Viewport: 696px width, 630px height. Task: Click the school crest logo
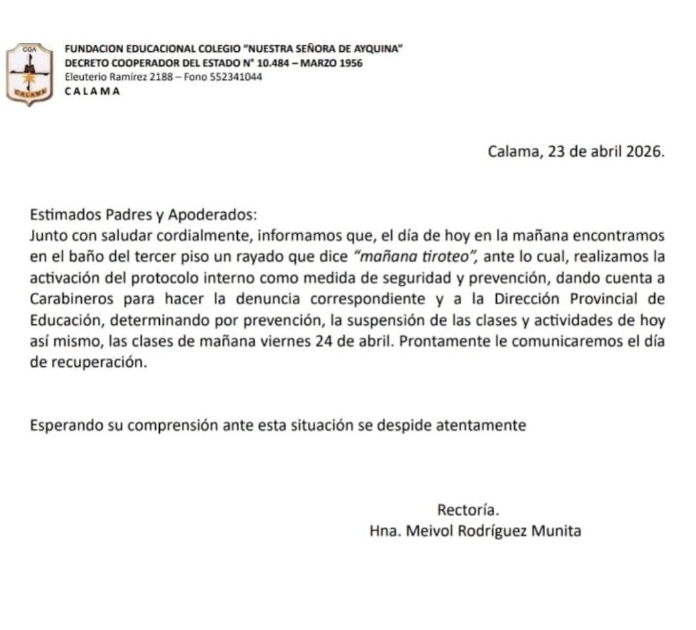[x=29, y=74]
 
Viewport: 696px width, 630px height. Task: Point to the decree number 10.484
[x=275, y=63]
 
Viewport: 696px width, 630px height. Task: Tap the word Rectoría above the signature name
[x=469, y=509]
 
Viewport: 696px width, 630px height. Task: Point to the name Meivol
[x=426, y=531]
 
